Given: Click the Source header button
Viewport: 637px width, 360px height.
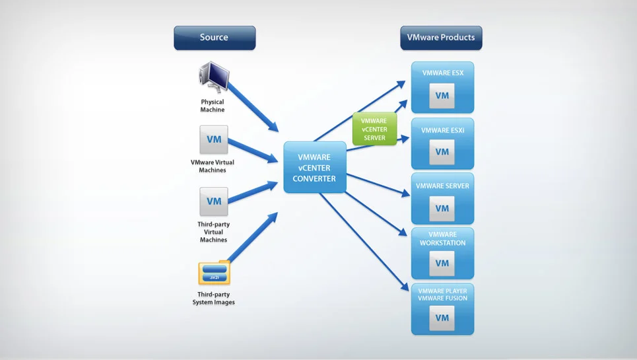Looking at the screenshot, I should coord(215,38).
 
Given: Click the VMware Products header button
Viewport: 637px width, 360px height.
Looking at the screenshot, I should coord(441,38).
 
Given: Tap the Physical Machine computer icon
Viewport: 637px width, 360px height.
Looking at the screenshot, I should coord(213,78).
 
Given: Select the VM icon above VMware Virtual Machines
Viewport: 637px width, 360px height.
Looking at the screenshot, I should coord(214,140).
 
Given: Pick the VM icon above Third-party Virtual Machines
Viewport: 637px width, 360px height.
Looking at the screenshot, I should coord(214,201).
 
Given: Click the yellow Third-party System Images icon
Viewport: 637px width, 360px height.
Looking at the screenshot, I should coord(214,273).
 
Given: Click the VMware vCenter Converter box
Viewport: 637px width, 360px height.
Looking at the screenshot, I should coord(315,168).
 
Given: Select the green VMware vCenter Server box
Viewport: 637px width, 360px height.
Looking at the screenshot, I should coord(374,129).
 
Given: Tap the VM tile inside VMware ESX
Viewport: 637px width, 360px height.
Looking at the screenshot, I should coord(442,96).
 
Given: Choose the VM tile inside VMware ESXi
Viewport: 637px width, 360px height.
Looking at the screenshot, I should coord(442,152).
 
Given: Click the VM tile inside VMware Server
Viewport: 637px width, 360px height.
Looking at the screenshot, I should coord(442,208).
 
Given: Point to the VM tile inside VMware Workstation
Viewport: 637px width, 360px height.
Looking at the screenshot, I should coord(442,263).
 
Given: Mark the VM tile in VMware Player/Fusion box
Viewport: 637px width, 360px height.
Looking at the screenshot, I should coord(442,318).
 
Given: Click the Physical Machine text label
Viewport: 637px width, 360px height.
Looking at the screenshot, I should coord(213,106).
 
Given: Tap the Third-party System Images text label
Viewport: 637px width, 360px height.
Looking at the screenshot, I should coord(214,299).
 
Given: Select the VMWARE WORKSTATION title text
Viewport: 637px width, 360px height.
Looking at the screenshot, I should coord(442,238).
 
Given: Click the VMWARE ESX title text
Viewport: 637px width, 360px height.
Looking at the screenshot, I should coord(442,73).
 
